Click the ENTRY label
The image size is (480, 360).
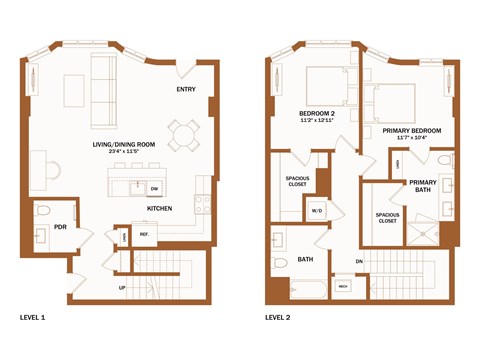click(x=186, y=90)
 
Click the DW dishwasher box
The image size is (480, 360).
click(x=154, y=188)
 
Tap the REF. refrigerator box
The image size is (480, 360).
click(x=144, y=236)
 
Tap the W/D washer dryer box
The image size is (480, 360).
click(x=317, y=211)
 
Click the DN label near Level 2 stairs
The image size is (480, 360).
click(x=357, y=262)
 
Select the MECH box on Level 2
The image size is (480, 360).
click(x=342, y=286)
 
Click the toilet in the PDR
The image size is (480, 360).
click(x=43, y=211)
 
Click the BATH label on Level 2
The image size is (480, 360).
click(x=305, y=261)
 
